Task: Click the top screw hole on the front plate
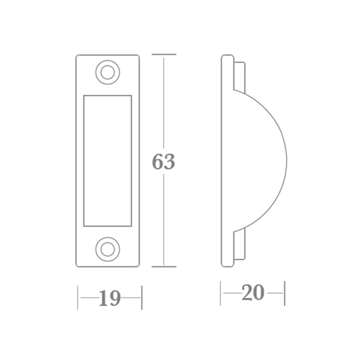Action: (108, 73)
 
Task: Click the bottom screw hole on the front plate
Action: (108, 248)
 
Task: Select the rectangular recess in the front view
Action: (108, 160)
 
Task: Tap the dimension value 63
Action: (163, 162)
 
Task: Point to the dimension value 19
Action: (109, 298)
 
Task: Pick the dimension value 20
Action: (252, 293)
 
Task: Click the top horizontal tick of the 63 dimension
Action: (163, 55)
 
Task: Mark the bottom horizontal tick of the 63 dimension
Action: (163, 266)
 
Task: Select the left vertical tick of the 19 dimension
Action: (78, 297)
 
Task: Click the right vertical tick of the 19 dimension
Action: (142, 297)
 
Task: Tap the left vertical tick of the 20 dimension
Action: (220, 293)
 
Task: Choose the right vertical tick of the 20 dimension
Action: (285, 293)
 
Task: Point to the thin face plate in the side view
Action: (227, 160)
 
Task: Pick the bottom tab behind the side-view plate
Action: (239, 245)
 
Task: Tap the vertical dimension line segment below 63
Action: (163, 221)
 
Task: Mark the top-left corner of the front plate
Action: (77, 56)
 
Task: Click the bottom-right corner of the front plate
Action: (138, 266)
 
